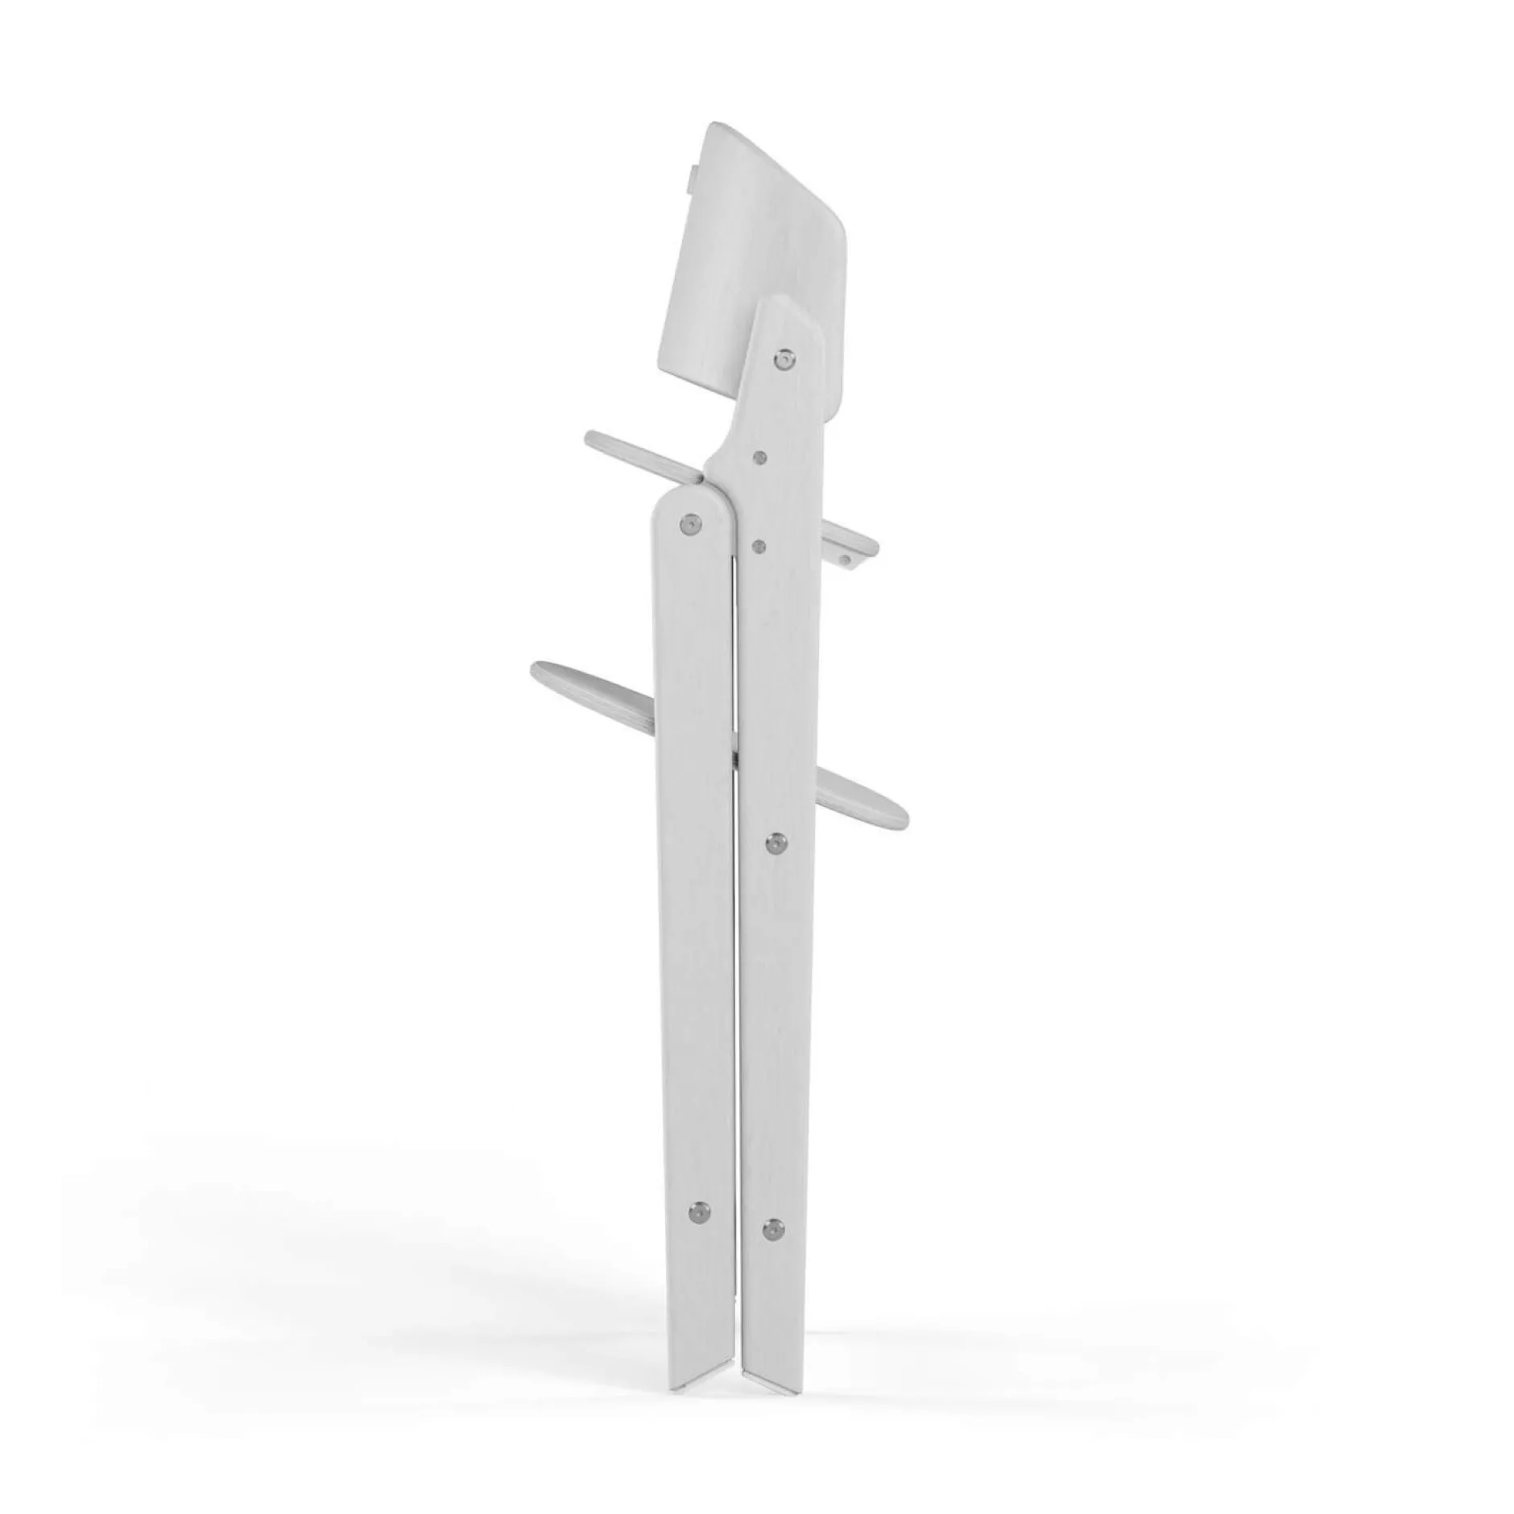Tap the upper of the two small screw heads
click(759, 457)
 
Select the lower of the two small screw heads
click(757, 547)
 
